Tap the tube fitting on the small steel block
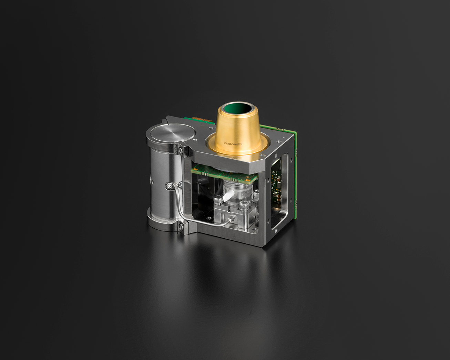(230, 219)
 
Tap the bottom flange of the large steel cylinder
(162, 222)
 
